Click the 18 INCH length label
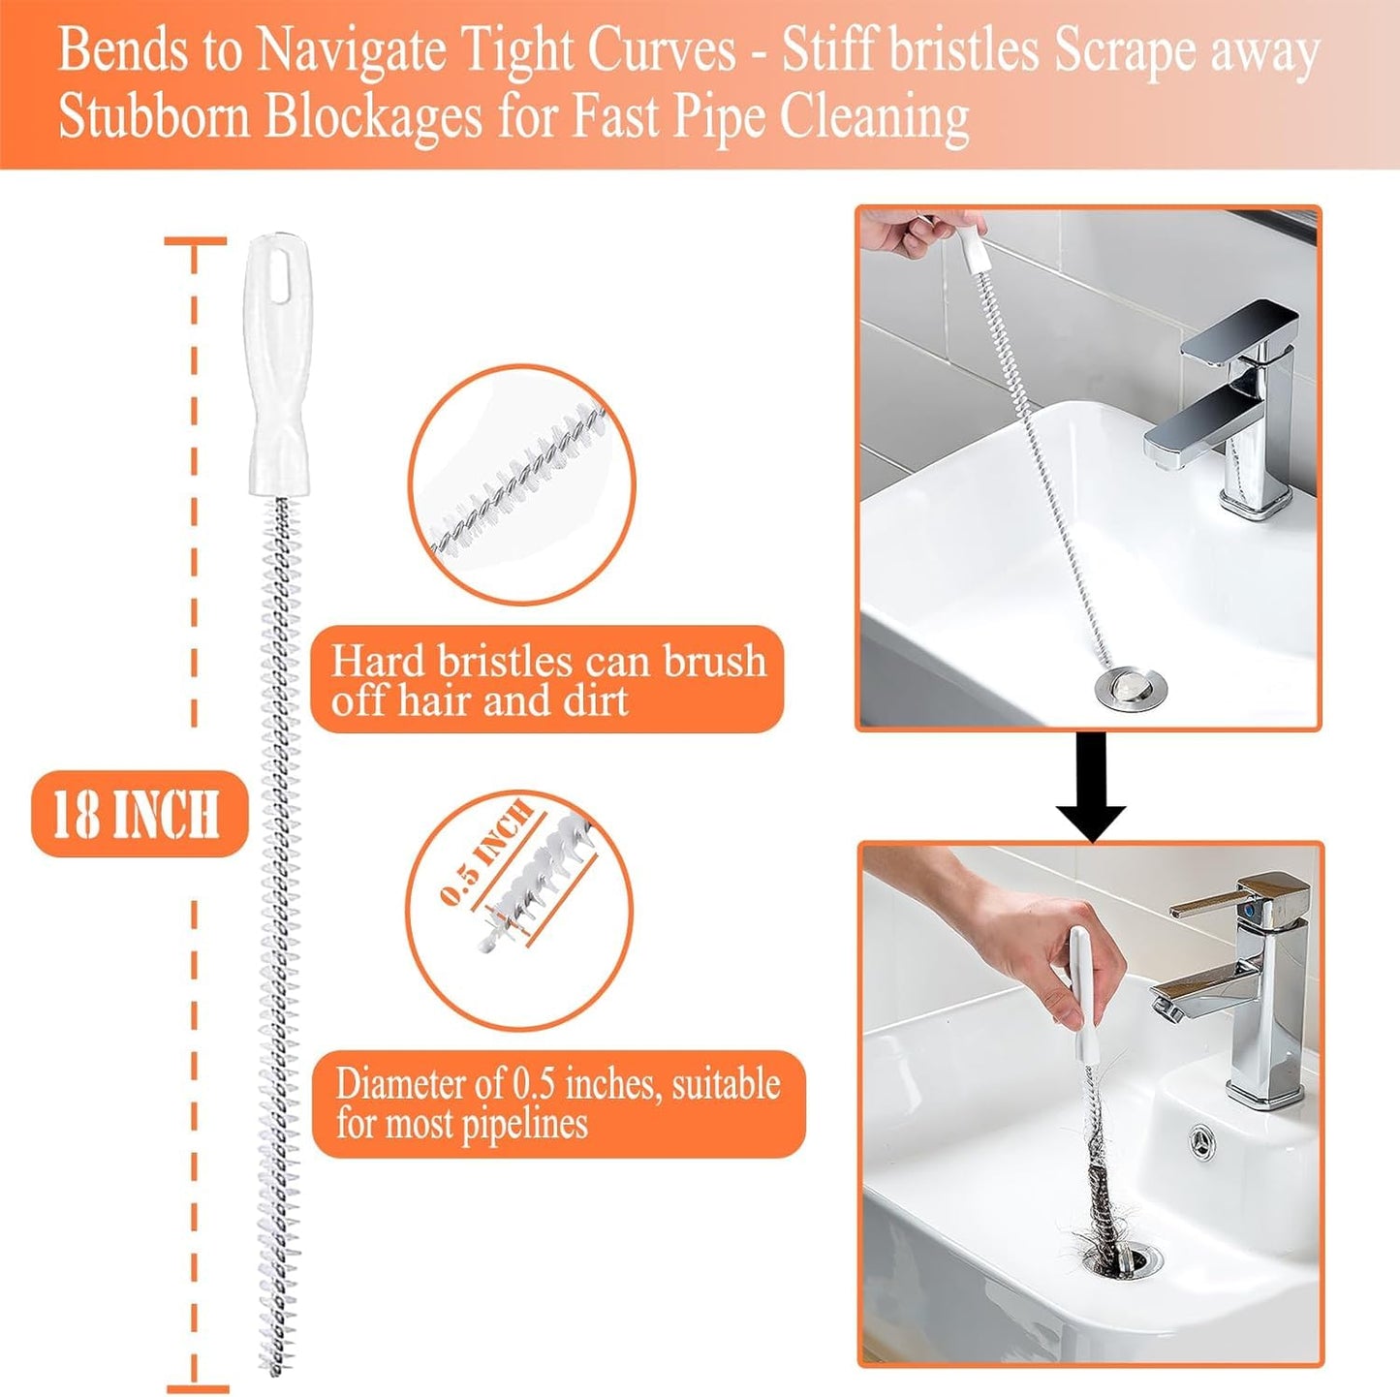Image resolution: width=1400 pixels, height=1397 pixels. pyautogui.click(x=139, y=814)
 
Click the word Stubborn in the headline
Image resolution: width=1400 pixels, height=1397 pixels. pyautogui.click(x=155, y=118)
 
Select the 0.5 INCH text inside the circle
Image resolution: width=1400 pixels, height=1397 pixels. pyautogui.click(x=487, y=852)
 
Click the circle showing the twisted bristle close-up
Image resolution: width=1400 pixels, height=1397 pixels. pyautogui.click(x=521, y=484)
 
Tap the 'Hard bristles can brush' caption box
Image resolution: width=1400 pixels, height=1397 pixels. pyautogui.click(x=547, y=679)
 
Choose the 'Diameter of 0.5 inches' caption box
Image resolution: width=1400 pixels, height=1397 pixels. pyautogui.click(x=558, y=1103)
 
